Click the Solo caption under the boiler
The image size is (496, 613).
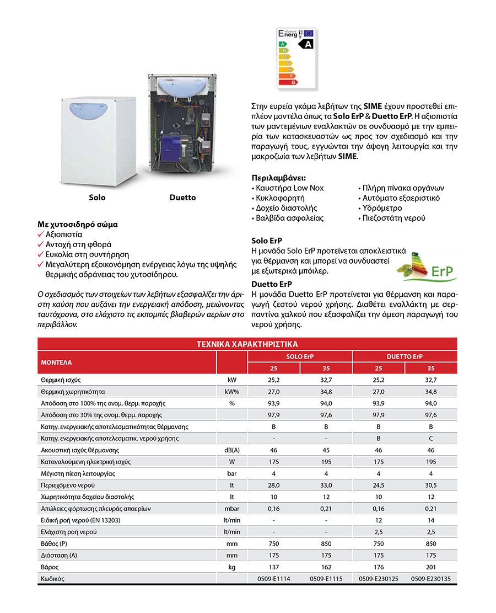[x=97, y=198]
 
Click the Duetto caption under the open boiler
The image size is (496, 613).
[x=182, y=198]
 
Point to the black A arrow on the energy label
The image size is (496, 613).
[x=305, y=44]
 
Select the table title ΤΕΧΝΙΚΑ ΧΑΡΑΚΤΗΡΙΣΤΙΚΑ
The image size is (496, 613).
[x=247, y=344]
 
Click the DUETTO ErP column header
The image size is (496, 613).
[x=405, y=356]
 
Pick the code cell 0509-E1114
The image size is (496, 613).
[x=274, y=579]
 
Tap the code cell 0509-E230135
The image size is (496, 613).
[x=431, y=579]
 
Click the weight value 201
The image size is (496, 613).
[x=431, y=567]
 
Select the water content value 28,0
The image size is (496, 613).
[x=274, y=485]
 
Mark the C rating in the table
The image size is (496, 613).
[x=431, y=439]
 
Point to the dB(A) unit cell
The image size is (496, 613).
[x=232, y=451]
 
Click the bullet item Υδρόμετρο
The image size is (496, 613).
[x=382, y=208]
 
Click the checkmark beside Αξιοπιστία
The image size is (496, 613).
[x=41, y=234]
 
